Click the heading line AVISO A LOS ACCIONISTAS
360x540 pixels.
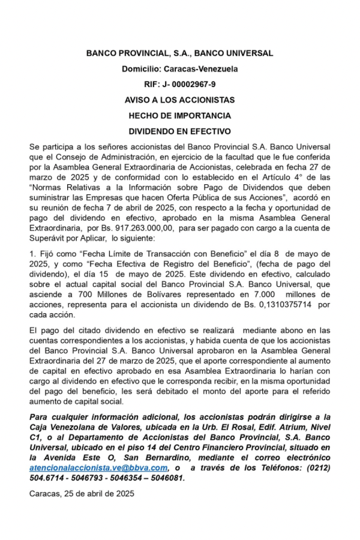tap(179, 100)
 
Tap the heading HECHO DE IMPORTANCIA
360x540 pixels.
tap(179, 115)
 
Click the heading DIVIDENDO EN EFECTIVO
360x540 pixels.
tap(179, 131)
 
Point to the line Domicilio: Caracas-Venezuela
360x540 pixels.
tap(179, 68)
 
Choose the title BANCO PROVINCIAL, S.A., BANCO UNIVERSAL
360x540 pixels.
tap(179, 53)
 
